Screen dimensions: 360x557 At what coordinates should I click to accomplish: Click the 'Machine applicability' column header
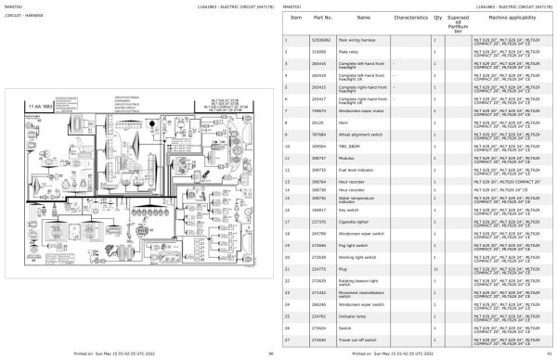click(506, 18)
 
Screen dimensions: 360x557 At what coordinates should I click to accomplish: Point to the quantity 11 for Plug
click(435, 267)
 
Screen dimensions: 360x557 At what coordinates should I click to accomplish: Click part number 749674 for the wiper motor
click(319, 108)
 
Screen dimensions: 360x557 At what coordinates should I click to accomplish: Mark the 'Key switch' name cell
click(344, 210)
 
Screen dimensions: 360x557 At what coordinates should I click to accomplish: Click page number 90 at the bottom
click(270, 354)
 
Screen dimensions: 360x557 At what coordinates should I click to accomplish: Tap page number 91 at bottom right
click(549, 354)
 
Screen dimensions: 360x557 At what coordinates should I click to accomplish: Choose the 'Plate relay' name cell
click(345, 53)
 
